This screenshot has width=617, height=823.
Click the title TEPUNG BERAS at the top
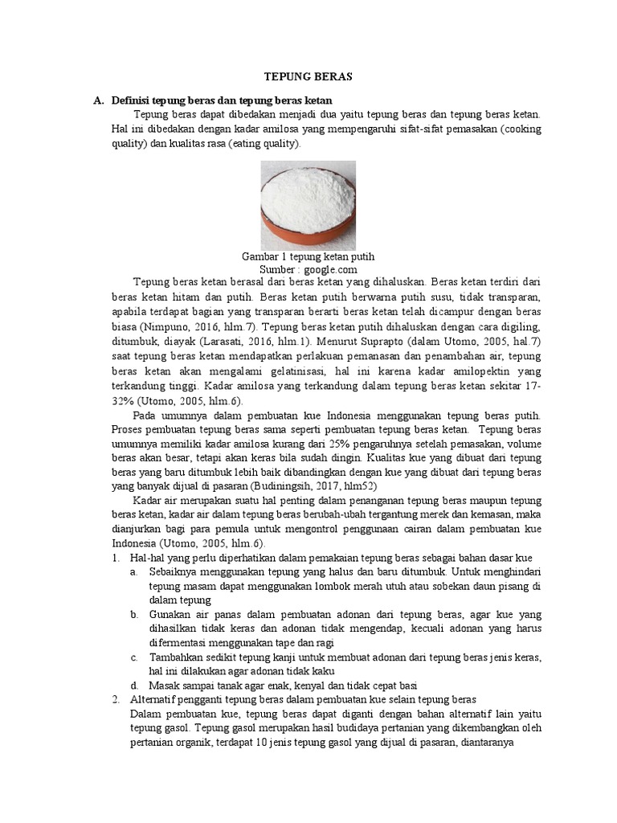pos(308,76)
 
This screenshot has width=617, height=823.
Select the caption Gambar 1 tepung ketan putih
pos(308,256)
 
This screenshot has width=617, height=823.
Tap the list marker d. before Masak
pos(134,686)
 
